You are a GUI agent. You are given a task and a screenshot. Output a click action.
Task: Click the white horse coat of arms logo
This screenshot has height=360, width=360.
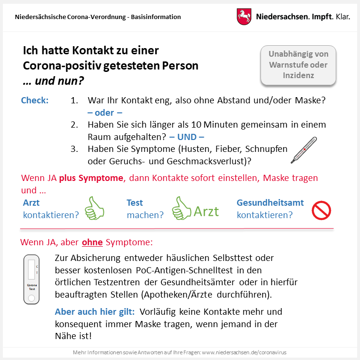(x=244, y=17)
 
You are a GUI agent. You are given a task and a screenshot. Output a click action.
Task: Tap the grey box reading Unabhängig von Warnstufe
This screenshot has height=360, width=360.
(x=298, y=65)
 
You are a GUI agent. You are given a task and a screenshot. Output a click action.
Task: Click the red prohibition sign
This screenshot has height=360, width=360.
(x=321, y=210)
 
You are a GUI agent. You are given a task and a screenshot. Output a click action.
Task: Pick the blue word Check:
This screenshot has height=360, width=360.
(x=35, y=101)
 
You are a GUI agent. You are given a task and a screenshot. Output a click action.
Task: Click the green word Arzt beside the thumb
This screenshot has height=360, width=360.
(x=206, y=211)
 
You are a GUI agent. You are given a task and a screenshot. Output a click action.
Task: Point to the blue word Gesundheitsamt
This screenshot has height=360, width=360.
(x=270, y=203)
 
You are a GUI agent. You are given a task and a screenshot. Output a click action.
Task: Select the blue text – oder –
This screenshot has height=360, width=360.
(x=105, y=113)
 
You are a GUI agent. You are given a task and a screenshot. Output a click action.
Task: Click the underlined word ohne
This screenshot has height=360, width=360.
(x=92, y=242)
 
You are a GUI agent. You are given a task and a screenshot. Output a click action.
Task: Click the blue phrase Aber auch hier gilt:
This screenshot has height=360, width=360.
(x=95, y=312)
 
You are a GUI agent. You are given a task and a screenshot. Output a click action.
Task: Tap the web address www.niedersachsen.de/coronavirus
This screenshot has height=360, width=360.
(x=244, y=353)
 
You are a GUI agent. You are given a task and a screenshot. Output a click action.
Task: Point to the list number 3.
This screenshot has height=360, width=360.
(x=74, y=149)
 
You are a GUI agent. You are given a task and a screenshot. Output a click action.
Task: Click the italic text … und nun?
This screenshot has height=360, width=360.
(x=53, y=81)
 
